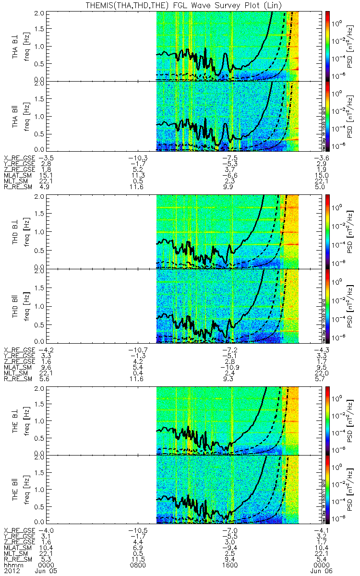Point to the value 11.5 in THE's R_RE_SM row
pos(137,559)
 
